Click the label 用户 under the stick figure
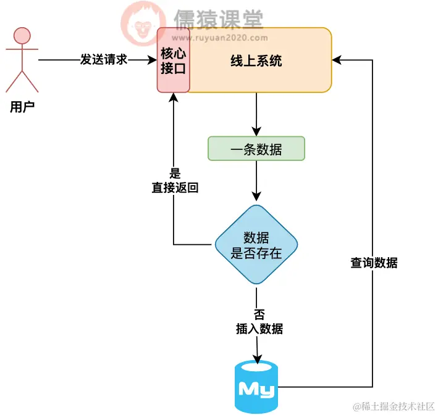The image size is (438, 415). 22,107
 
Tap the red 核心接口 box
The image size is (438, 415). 173,60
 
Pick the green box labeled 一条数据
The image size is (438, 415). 256,149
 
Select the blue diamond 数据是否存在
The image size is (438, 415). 256,244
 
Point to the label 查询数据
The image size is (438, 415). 374,263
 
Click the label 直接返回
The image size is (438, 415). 175,188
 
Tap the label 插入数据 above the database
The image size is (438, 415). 259,329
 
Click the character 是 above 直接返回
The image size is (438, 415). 175,174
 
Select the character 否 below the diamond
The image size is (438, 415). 259,314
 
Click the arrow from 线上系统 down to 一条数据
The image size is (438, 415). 256,114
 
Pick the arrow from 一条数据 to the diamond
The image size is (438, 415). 256,182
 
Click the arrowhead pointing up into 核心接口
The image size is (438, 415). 174,99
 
